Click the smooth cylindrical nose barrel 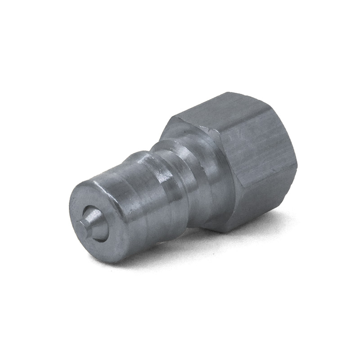(135, 211)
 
